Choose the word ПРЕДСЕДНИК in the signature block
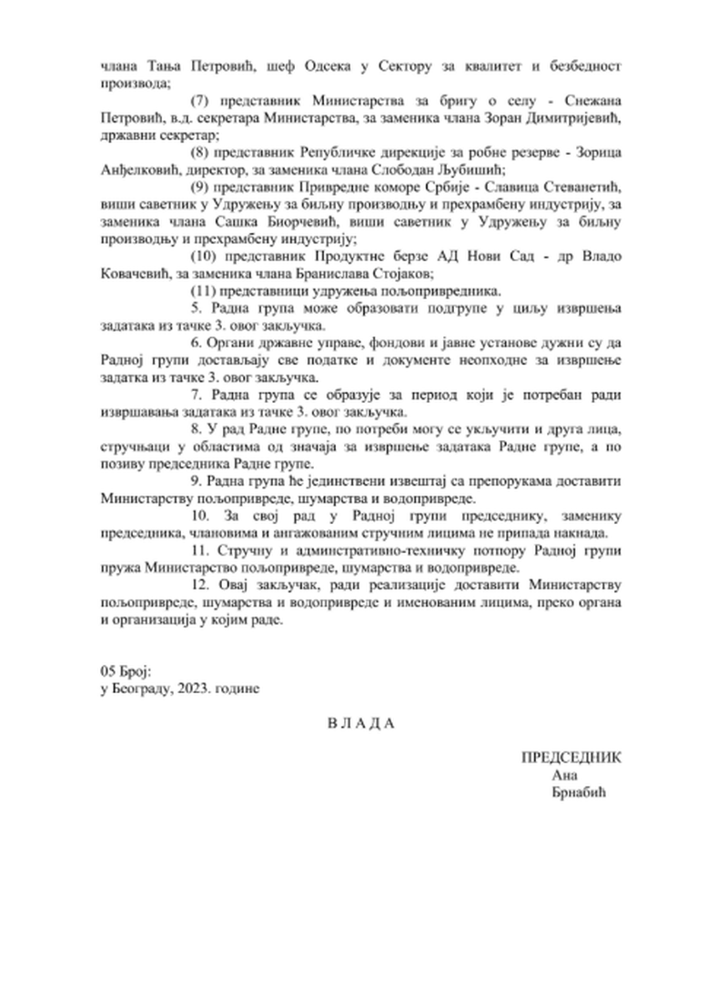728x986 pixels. coord(571,759)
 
